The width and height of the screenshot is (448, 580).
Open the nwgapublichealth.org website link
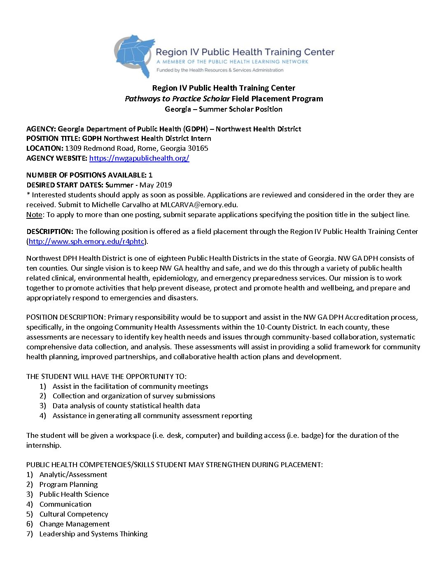[139, 158]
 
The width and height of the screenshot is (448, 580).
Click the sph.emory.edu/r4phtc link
[86, 241]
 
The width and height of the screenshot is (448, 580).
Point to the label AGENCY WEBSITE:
[57, 158]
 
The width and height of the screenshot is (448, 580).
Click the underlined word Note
[34, 215]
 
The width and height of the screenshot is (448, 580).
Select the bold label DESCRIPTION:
[50, 232]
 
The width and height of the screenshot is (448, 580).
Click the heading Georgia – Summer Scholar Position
[224, 109]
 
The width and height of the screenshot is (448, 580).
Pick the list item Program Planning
[68, 484]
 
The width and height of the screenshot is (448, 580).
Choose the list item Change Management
[75, 524]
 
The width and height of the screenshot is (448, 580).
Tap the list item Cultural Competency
[74, 514]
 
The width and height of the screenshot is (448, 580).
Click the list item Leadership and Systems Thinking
[93, 534]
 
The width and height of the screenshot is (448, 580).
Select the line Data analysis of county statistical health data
[126, 406]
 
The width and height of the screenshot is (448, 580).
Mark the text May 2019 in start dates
[156, 185]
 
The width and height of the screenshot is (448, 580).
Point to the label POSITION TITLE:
[53, 138]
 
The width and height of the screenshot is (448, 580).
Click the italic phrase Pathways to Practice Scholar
[177, 99]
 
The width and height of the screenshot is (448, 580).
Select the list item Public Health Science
[74, 494]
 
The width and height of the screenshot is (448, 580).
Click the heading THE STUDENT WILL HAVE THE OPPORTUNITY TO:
[106, 377]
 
